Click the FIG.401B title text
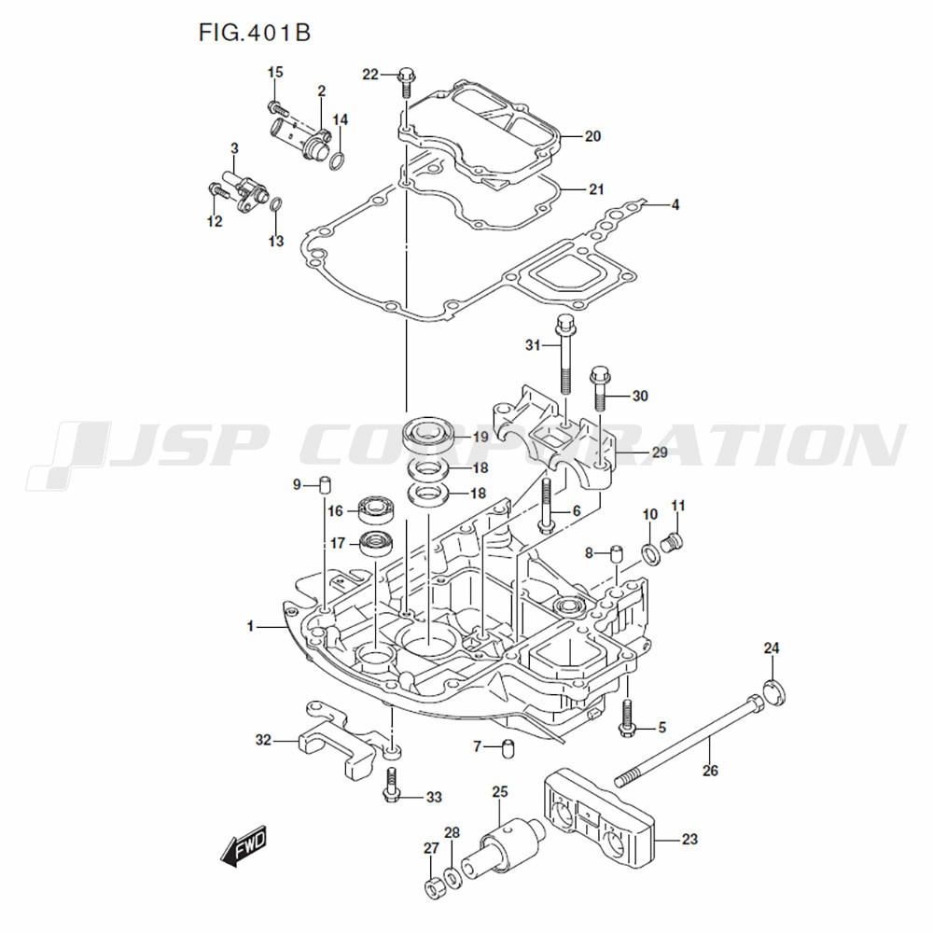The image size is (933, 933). [254, 34]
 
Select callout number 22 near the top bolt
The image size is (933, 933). [370, 75]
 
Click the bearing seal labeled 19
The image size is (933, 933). [427, 435]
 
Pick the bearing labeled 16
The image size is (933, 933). [378, 509]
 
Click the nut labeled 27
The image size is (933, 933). [433, 887]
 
